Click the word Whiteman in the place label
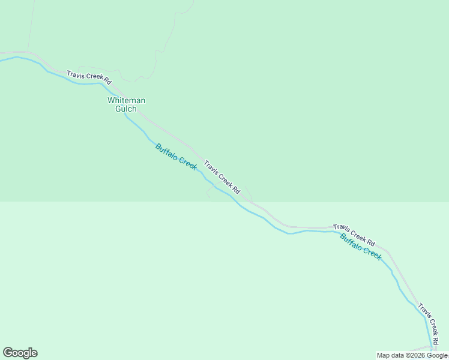pos(126,101)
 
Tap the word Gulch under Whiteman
pos(126,109)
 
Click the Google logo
pos(20,353)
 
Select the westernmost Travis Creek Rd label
pos(89,76)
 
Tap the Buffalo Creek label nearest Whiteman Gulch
pos(176,157)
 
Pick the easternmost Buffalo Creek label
pos(361,246)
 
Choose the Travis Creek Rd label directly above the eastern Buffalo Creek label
pos(354,235)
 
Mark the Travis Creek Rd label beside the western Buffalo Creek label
pos(222,176)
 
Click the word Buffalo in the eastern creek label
pos(351,241)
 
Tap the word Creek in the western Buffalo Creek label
pos(187,163)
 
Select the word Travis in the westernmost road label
pos(76,74)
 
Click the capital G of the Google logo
pos(8,352)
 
